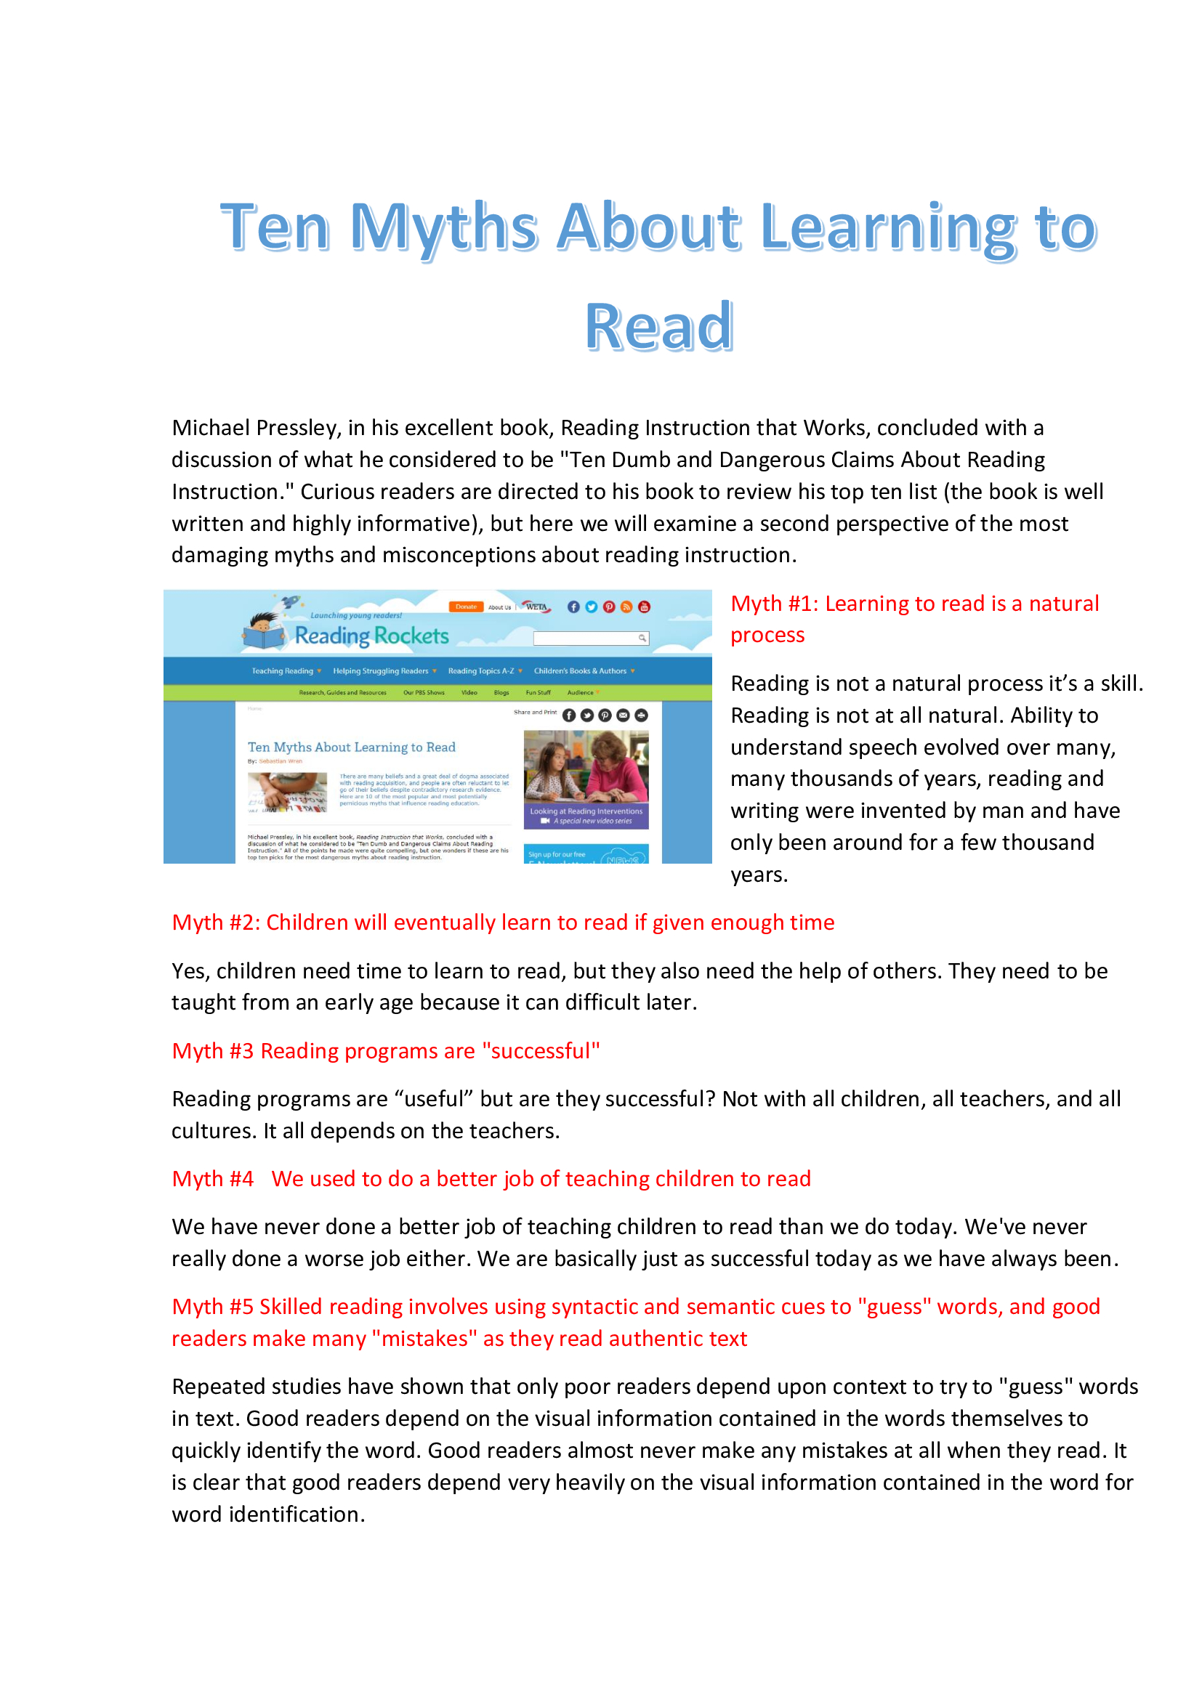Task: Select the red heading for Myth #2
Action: click(503, 923)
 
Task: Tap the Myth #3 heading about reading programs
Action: click(386, 1051)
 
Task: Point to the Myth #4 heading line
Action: click(491, 1179)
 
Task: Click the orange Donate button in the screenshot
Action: click(466, 607)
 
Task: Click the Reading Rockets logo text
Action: click(371, 636)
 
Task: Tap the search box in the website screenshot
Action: click(585, 638)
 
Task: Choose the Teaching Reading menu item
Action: click(283, 671)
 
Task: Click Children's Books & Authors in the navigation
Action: click(580, 671)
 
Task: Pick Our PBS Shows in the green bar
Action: click(424, 693)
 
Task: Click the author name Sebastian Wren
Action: click(281, 761)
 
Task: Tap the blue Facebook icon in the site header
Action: click(573, 607)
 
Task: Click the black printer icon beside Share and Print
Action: click(641, 715)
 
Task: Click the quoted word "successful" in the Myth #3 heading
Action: click(541, 1051)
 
